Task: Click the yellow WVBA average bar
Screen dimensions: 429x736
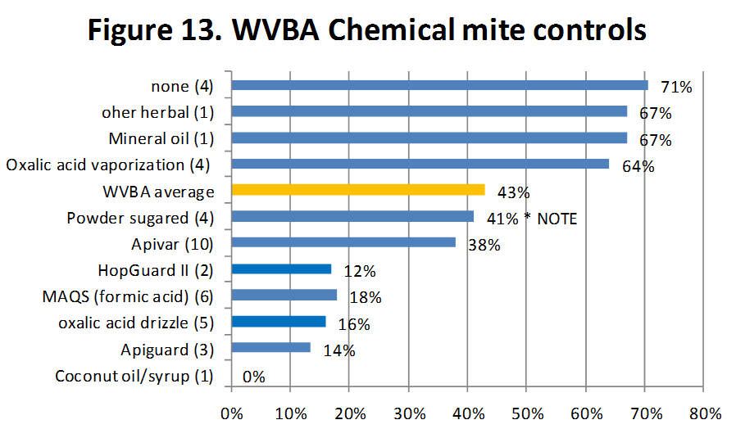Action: (x=358, y=190)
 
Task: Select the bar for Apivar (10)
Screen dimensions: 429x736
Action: (x=343, y=242)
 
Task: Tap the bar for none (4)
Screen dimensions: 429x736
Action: (x=439, y=85)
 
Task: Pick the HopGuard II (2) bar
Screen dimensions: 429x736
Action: (x=281, y=269)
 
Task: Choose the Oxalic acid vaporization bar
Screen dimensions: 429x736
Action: (x=420, y=164)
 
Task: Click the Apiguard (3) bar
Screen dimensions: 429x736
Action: (x=271, y=347)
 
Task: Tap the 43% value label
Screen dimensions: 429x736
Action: (x=514, y=193)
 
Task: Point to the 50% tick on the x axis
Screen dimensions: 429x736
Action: (x=527, y=410)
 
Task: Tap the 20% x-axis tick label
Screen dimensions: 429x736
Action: (x=350, y=410)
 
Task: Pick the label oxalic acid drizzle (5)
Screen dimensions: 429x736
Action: (x=136, y=322)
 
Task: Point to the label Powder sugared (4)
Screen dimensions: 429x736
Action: (x=140, y=217)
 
